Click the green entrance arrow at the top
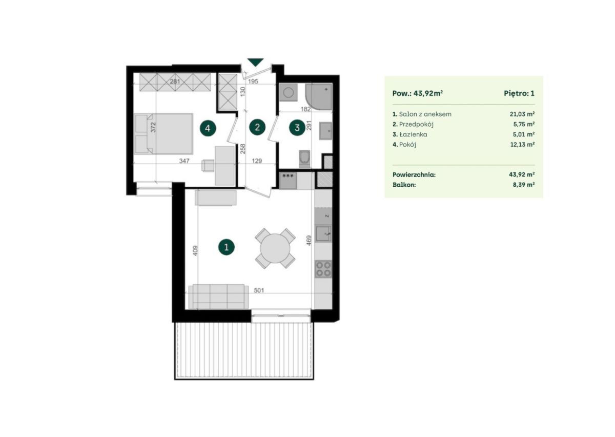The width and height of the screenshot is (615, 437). point(255,62)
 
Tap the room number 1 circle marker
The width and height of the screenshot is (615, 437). point(226,247)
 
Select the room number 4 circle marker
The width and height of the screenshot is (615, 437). point(208,128)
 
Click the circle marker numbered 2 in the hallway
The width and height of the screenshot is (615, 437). point(257,127)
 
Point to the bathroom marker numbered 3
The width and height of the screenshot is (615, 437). point(297,128)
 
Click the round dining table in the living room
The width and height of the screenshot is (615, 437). point(275,248)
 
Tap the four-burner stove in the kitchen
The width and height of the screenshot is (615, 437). point(323,269)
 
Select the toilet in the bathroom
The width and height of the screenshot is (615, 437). point(304,159)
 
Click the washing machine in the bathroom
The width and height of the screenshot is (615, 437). point(288,93)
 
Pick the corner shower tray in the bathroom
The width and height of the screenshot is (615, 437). point(319,97)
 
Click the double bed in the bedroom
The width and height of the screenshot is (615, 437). point(164,134)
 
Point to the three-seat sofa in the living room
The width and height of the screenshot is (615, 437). point(218,296)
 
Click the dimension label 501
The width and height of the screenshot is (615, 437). point(259,290)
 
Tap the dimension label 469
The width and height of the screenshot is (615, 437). point(309,241)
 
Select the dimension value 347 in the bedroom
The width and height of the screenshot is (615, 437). point(184,161)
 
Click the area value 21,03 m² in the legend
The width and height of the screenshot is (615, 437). point(522,114)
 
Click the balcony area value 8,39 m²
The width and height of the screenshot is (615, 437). point(524,185)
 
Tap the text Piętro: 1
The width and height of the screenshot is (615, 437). point(519,93)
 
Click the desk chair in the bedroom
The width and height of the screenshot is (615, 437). point(208,166)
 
